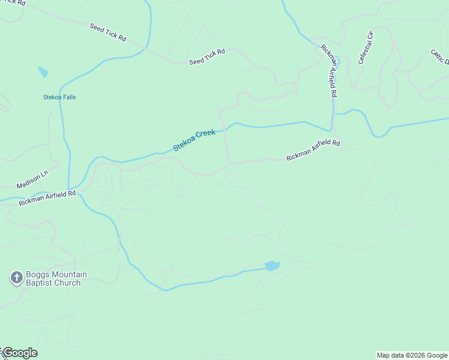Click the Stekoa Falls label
tap(59, 97)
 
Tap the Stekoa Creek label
tap(194, 140)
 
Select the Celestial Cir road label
tap(366, 47)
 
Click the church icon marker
tap(16, 278)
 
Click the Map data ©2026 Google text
tap(412, 355)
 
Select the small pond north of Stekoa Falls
tap(43, 72)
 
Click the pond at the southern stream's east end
tap(272, 265)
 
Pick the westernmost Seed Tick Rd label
tap(108, 32)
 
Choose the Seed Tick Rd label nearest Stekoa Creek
tap(206, 57)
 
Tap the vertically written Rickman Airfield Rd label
tap(330, 71)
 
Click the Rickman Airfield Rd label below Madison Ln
tap(47, 198)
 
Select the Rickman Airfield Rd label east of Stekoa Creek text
tap(313, 151)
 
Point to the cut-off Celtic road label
tap(441, 57)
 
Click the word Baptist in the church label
tap(41, 283)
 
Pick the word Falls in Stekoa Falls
tap(68, 97)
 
